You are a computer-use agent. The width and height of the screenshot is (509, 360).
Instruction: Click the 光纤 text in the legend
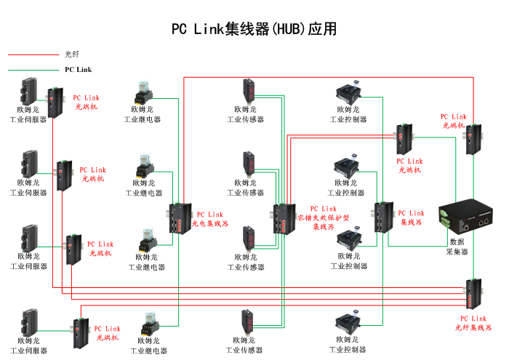71,54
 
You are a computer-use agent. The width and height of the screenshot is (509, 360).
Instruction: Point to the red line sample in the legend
33,54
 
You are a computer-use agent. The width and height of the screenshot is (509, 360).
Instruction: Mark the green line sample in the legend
33,70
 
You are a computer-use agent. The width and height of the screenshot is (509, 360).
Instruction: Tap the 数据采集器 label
457,247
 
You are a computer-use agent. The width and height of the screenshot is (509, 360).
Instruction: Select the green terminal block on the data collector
446,215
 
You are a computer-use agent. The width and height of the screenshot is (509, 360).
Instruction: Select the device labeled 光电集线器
177,218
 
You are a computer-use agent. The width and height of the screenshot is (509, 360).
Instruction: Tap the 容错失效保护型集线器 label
324,217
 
